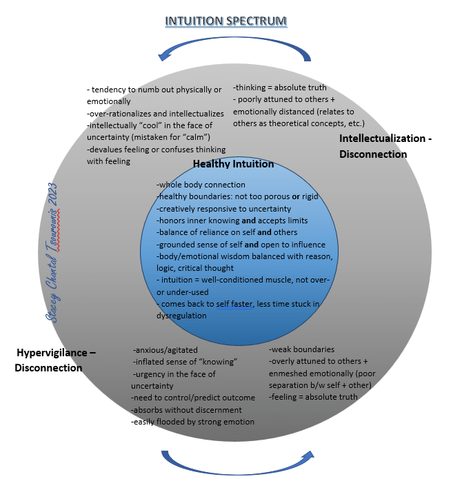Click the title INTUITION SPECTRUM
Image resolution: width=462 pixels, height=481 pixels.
(225, 21)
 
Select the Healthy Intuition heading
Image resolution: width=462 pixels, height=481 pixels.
(233, 164)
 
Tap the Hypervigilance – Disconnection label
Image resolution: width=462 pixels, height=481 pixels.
(55, 360)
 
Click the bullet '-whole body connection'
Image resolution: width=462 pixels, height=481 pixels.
(201, 184)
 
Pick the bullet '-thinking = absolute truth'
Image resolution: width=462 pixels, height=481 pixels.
(279, 88)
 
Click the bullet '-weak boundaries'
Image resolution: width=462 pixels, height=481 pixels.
(301, 349)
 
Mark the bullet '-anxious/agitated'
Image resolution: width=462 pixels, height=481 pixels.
(164, 350)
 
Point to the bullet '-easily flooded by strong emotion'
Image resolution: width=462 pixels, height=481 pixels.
(192, 421)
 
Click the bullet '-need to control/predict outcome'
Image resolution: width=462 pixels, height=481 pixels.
(193, 398)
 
